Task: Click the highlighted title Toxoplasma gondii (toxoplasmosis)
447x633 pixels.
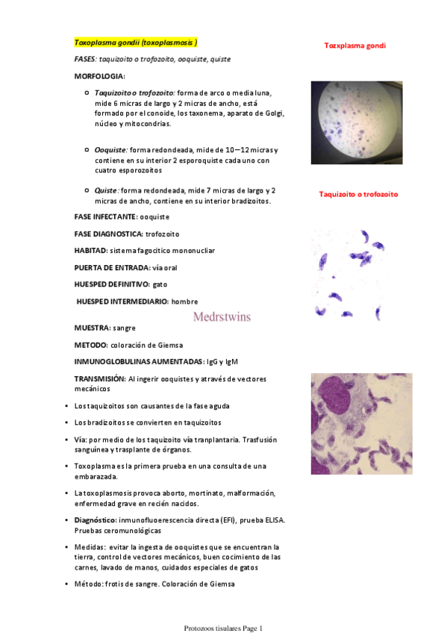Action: coord(136,43)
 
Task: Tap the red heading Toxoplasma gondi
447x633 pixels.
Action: coord(354,46)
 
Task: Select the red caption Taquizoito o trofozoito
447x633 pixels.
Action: coord(358,194)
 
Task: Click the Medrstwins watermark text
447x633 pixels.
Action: coord(222,316)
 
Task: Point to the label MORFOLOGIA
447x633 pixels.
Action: coord(100,77)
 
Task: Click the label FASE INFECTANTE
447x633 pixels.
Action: coord(104,216)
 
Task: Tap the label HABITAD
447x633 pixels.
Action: coord(90,251)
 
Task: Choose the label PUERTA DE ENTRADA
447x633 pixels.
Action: coord(111,267)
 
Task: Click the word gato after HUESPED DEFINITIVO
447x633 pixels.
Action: coord(160,284)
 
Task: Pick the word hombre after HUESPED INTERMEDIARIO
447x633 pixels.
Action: coord(185,302)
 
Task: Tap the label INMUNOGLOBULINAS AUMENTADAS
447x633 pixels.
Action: coord(139,361)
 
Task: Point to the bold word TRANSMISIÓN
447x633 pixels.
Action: coord(99,378)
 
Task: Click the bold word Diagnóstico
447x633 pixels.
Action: coord(95,520)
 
